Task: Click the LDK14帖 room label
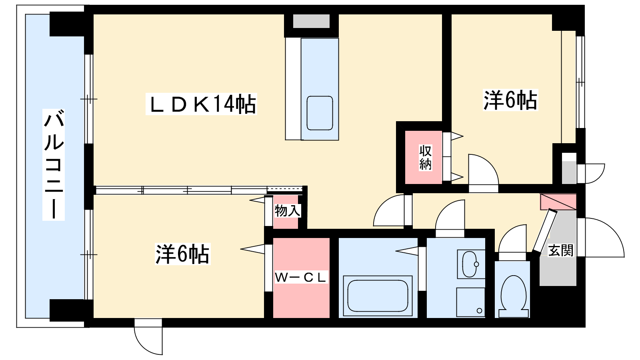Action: coord(201,104)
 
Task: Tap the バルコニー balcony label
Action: coord(54,164)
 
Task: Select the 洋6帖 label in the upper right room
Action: coord(510,100)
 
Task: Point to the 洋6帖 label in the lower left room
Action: coord(182,254)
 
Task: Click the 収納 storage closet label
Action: coord(426,158)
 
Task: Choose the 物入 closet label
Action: coord(288,211)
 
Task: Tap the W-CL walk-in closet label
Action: coord(300,278)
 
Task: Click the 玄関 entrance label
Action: coord(560,250)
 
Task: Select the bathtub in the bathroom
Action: coord(378,296)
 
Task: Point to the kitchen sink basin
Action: coord(320,113)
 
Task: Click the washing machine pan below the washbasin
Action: coord(470,302)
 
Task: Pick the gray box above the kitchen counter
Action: coord(312,21)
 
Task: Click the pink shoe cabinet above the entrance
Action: coord(558,202)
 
